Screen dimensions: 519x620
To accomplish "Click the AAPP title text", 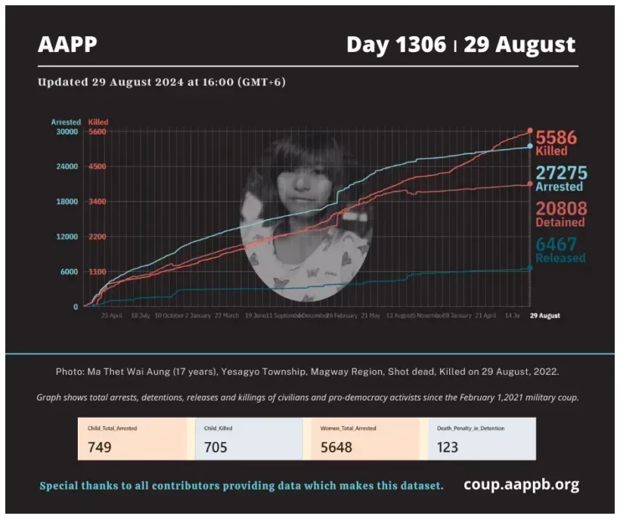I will (67, 45).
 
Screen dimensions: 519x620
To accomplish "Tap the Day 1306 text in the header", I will (395, 45).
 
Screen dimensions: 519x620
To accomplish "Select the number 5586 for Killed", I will (556, 138).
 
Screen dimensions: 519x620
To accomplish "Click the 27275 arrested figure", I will (561, 173).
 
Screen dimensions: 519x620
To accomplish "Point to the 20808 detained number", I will (560, 209).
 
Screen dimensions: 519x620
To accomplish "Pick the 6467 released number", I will (556, 244).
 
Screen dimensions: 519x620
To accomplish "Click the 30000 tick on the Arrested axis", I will (67, 131).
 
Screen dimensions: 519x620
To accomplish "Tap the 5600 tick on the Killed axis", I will (98, 131).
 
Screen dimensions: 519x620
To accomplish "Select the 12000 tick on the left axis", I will (67, 236).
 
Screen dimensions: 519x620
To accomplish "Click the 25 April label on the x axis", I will (111, 316).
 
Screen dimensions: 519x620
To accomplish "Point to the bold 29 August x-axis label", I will (544, 316).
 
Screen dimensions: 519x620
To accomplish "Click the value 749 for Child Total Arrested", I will (100, 447).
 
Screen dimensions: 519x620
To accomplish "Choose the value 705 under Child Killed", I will (216, 447).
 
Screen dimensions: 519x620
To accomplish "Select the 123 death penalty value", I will (448, 447).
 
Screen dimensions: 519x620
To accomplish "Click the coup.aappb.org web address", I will (521, 484).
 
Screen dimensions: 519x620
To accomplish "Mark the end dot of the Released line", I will (529, 267).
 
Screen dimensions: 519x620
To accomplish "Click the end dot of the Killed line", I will (530, 131).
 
